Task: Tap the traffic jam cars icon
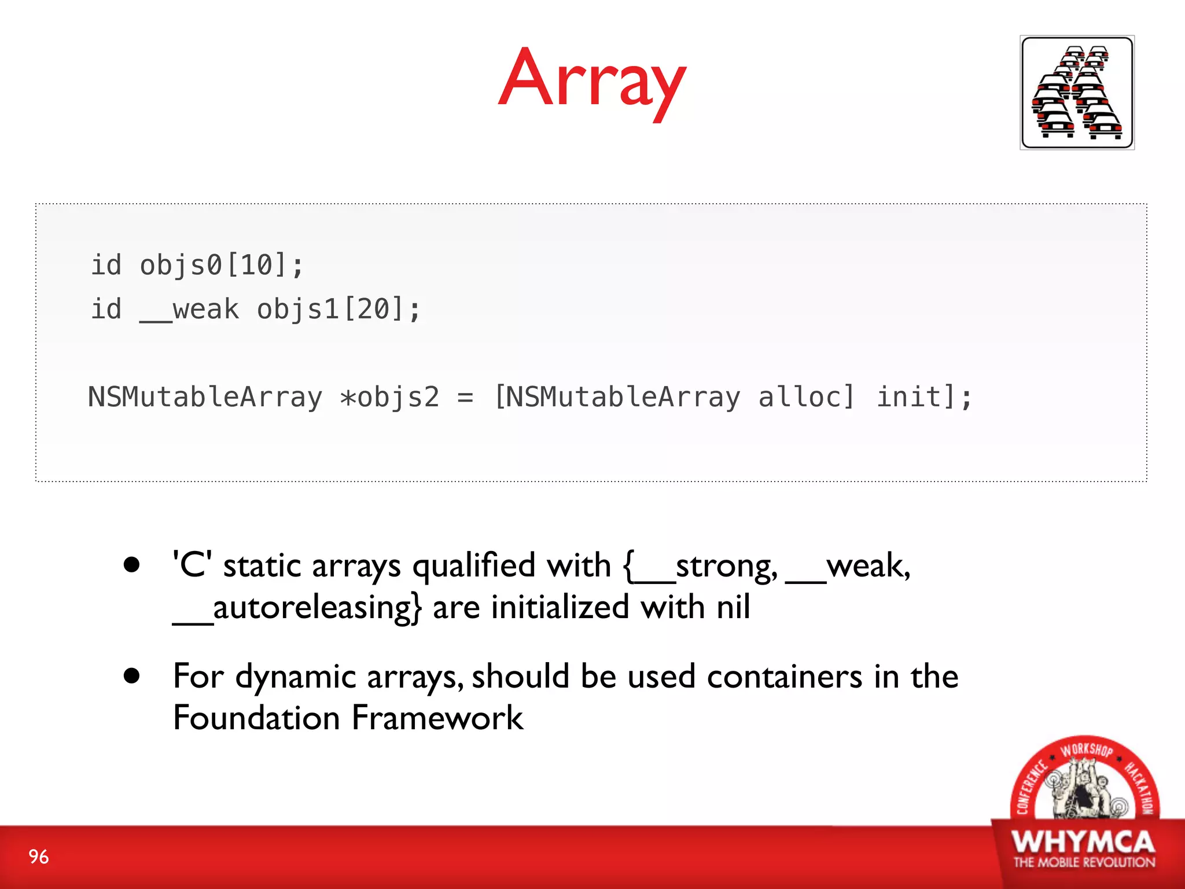1077,93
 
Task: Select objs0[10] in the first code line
221,266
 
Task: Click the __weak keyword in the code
189,310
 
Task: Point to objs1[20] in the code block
338,310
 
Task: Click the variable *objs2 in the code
390,398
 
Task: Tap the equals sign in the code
465,398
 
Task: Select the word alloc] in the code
806,398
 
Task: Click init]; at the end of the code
924,398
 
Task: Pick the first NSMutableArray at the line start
205,398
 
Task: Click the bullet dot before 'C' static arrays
132,565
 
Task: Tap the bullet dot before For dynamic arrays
132,675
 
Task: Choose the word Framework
437,718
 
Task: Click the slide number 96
39,857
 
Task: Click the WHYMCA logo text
1083,843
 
